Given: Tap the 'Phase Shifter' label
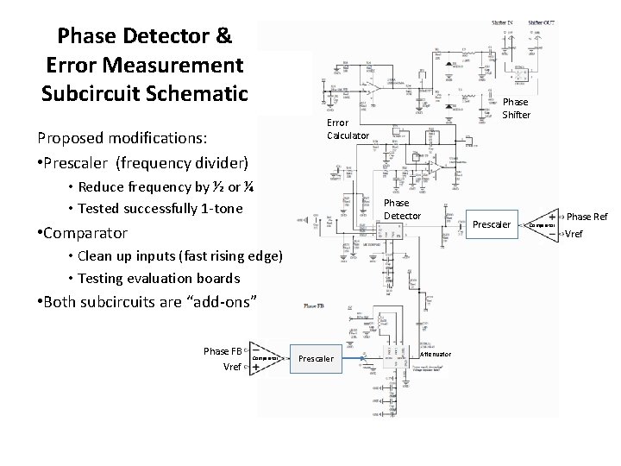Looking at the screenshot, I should point(517,108).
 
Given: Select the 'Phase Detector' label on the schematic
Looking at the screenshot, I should point(401,209).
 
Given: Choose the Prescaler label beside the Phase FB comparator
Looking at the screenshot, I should point(317,358).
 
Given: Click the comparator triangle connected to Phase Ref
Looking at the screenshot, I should point(540,224).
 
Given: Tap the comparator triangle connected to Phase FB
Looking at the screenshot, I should point(264,357).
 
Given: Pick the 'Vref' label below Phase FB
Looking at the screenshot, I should point(232,367).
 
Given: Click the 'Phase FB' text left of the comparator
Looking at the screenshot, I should point(223,350).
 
